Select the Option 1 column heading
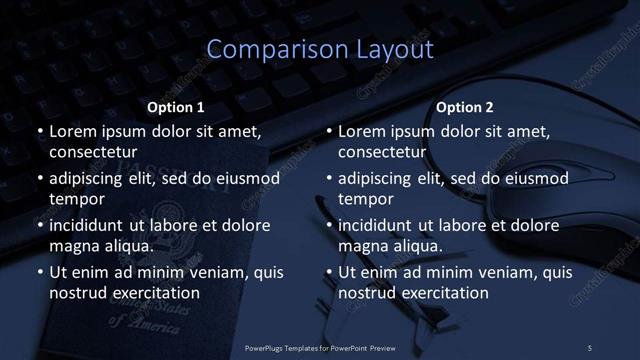(x=176, y=107)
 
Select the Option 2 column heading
(x=465, y=107)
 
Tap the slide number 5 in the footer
(x=590, y=347)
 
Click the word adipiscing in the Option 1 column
(x=91, y=178)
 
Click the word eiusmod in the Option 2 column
(x=532, y=178)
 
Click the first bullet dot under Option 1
(x=39, y=131)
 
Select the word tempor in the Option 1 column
(x=76, y=198)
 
